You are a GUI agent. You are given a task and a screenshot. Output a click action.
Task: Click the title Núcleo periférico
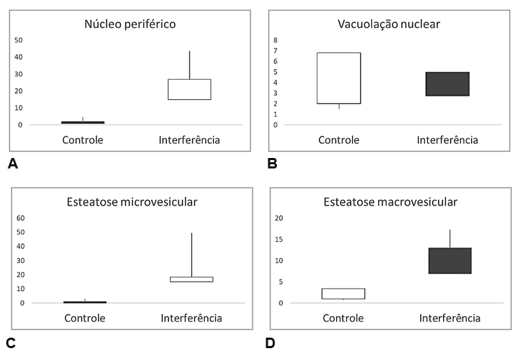coord(130,24)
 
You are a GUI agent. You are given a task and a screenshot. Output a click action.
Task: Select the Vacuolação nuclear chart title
coord(389,24)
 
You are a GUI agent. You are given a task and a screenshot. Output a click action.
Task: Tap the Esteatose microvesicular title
coord(132,202)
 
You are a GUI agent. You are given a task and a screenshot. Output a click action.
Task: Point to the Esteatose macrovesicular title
coord(390,202)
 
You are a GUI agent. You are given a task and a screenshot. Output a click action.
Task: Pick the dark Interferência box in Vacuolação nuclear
coord(447,84)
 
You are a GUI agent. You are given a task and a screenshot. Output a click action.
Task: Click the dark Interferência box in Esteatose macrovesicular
coord(449,261)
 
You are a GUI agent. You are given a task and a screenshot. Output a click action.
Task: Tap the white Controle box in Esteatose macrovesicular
coord(343,294)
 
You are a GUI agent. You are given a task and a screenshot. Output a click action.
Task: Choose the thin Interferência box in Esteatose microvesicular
coord(192,280)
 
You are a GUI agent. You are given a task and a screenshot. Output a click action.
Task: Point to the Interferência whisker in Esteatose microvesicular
coord(192,255)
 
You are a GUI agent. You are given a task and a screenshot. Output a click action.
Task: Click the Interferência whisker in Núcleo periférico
coord(189,65)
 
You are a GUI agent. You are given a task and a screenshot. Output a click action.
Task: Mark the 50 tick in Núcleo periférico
coord(19,40)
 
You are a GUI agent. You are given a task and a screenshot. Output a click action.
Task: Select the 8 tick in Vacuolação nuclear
coord(275,40)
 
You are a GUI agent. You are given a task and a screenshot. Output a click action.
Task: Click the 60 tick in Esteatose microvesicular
coord(20,218)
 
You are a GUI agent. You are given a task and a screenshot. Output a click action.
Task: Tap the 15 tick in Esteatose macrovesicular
coord(279,239)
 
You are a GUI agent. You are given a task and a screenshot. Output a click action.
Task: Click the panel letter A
coord(13,164)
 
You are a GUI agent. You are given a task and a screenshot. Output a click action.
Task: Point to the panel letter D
coord(270,343)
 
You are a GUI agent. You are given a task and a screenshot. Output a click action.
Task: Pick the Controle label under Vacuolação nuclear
coord(338,140)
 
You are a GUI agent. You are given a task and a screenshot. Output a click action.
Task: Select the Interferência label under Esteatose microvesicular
coord(192,318)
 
